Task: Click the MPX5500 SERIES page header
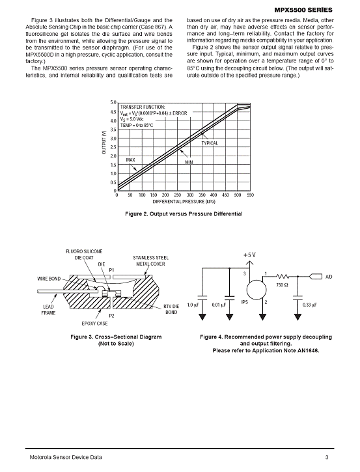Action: (x=303, y=10)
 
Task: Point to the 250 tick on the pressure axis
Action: (x=178, y=195)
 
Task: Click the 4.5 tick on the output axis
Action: (x=113, y=112)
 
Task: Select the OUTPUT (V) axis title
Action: (x=104, y=142)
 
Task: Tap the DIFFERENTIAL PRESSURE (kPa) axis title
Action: (x=184, y=201)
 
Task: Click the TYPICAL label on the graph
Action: (x=210, y=143)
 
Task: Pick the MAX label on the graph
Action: (x=130, y=160)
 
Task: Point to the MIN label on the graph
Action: (x=189, y=162)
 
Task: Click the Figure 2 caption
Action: (x=184, y=214)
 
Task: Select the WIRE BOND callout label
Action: (x=49, y=279)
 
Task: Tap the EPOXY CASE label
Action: (x=94, y=324)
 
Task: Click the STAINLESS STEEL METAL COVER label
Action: (x=150, y=260)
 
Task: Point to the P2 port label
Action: (x=111, y=316)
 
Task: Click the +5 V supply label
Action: (x=249, y=255)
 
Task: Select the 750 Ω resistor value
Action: (x=281, y=285)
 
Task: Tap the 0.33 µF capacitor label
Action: (x=309, y=305)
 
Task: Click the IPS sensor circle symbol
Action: (x=256, y=290)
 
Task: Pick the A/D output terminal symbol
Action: (x=316, y=276)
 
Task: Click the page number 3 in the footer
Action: (x=327, y=457)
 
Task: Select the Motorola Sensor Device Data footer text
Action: (x=66, y=457)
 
